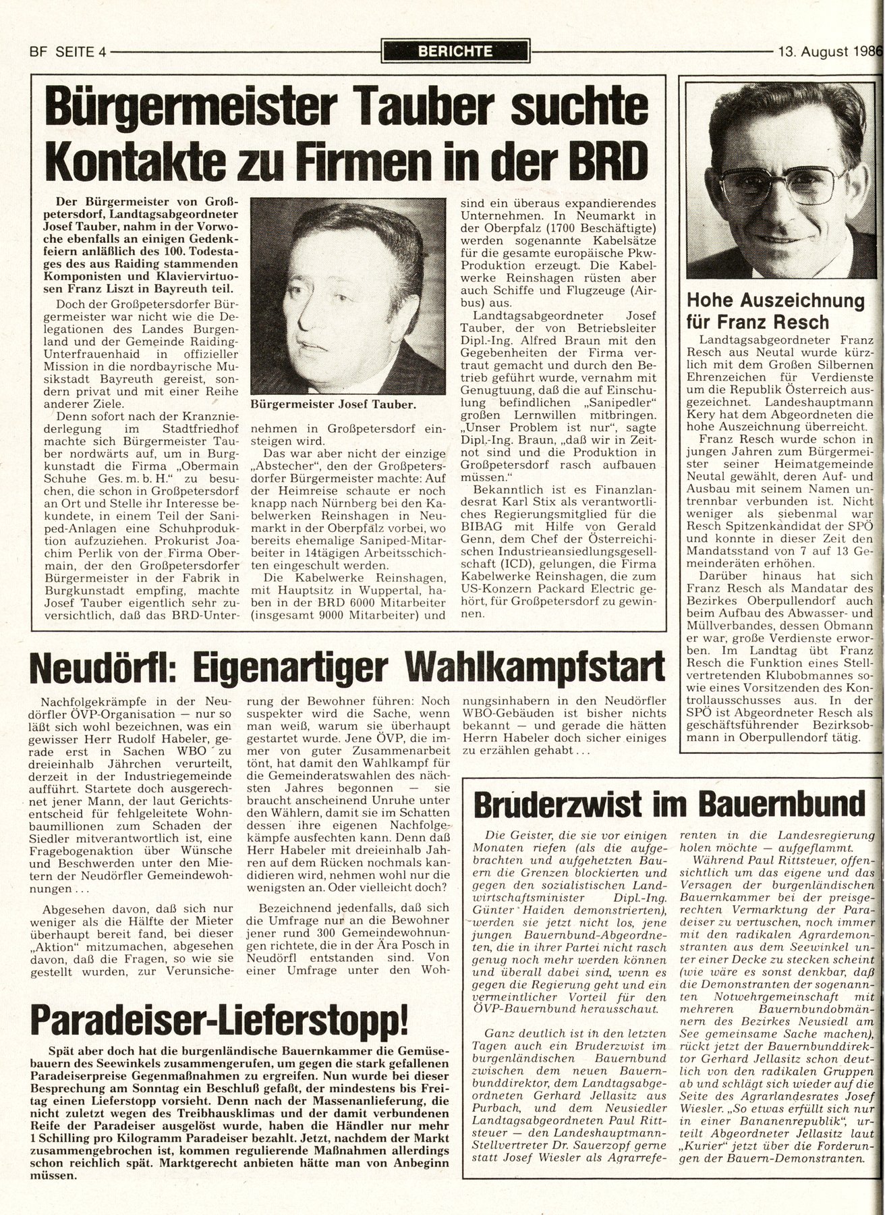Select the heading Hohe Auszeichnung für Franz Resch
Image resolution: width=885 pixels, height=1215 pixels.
coord(775,310)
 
